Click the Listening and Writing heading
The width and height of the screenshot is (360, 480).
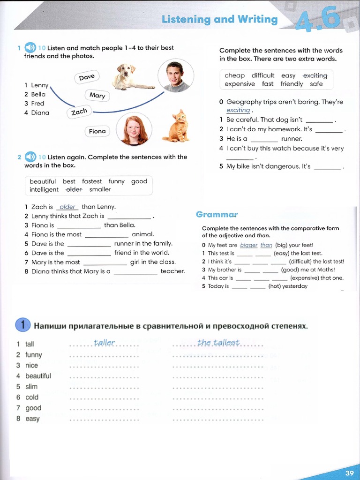[x=219, y=19]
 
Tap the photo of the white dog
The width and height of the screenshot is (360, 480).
[x=131, y=77]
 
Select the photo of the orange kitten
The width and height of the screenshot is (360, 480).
[x=177, y=126]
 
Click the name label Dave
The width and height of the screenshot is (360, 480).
[x=87, y=77]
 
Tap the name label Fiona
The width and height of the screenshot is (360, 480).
[x=97, y=131]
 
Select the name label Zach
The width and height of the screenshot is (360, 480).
[x=79, y=112]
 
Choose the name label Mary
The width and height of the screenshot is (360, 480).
[x=97, y=95]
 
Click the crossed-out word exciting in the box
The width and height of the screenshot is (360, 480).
[x=315, y=75]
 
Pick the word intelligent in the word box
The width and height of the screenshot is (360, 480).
[x=44, y=190]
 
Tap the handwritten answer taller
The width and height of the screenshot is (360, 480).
[x=104, y=343]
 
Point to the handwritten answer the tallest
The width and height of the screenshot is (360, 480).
[x=218, y=343]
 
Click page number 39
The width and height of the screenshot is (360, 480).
[x=349, y=472]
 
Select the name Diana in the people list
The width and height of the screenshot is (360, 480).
[x=40, y=112]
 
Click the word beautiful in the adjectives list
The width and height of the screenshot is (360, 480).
[x=38, y=376]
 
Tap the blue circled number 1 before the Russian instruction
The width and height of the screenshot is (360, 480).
[x=22, y=325]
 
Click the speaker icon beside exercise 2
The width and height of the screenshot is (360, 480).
[x=30, y=157]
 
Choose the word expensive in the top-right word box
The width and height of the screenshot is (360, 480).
[x=240, y=84]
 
